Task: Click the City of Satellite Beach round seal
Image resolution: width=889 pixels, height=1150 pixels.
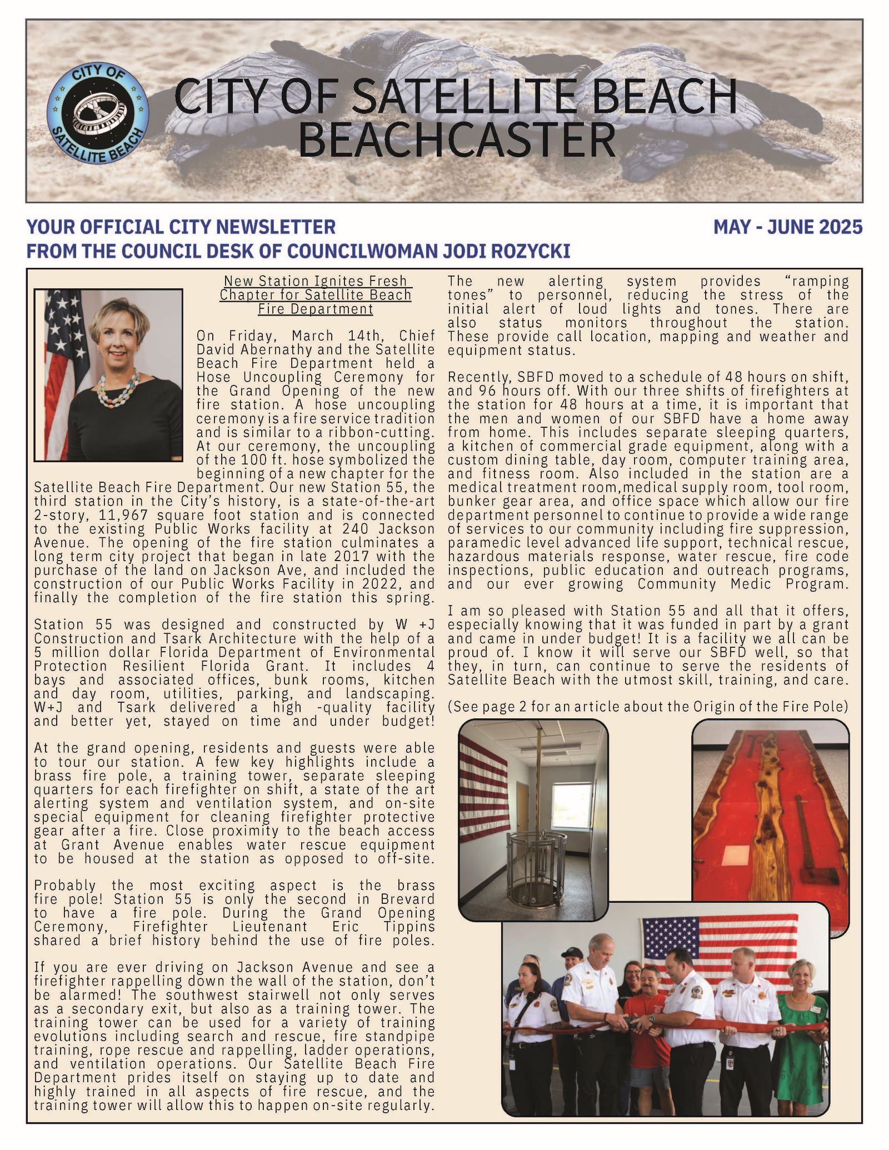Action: pos(98,115)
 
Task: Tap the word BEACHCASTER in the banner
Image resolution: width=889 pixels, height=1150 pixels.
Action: pos(457,140)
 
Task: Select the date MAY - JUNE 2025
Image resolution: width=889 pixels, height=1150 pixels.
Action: pos(787,227)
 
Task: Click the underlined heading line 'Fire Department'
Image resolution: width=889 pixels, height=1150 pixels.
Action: pos(315,309)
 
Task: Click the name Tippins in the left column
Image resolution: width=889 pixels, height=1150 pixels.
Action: pos(408,927)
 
